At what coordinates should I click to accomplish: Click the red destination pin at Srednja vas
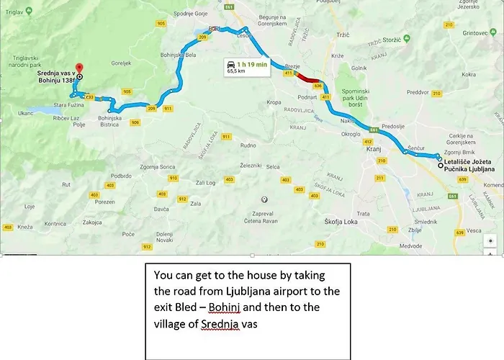click(x=79, y=67)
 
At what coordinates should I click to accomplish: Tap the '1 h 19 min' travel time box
click(x=246, y=66)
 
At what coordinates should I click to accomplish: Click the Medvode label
click(x=411, y=246)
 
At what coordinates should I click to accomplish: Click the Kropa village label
click(x=274, y=102)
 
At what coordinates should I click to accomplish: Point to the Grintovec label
click(x=476, y=33)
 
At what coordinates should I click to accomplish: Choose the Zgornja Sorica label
click(x=138, y=167)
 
